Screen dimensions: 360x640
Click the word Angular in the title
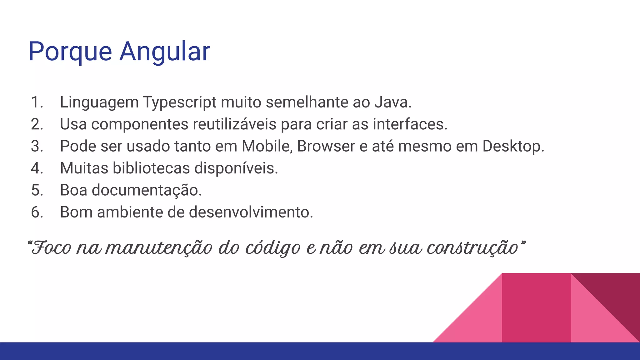[x=165, y=52]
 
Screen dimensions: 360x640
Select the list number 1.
[x=37, y=102]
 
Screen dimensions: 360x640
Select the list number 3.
[x=37, y=146]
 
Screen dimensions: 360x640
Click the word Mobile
[x=267, y=146]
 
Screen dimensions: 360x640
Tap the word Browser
[x=326, y=146]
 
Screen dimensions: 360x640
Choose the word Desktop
[x=513, y=146]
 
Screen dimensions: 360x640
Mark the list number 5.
[x=37, y=190]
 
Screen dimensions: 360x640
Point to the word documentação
[x=147, y=190]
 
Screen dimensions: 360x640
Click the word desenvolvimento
[x=251, y=212]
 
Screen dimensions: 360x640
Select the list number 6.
[x=37, y=212]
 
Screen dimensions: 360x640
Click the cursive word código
[x=272, y=248]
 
